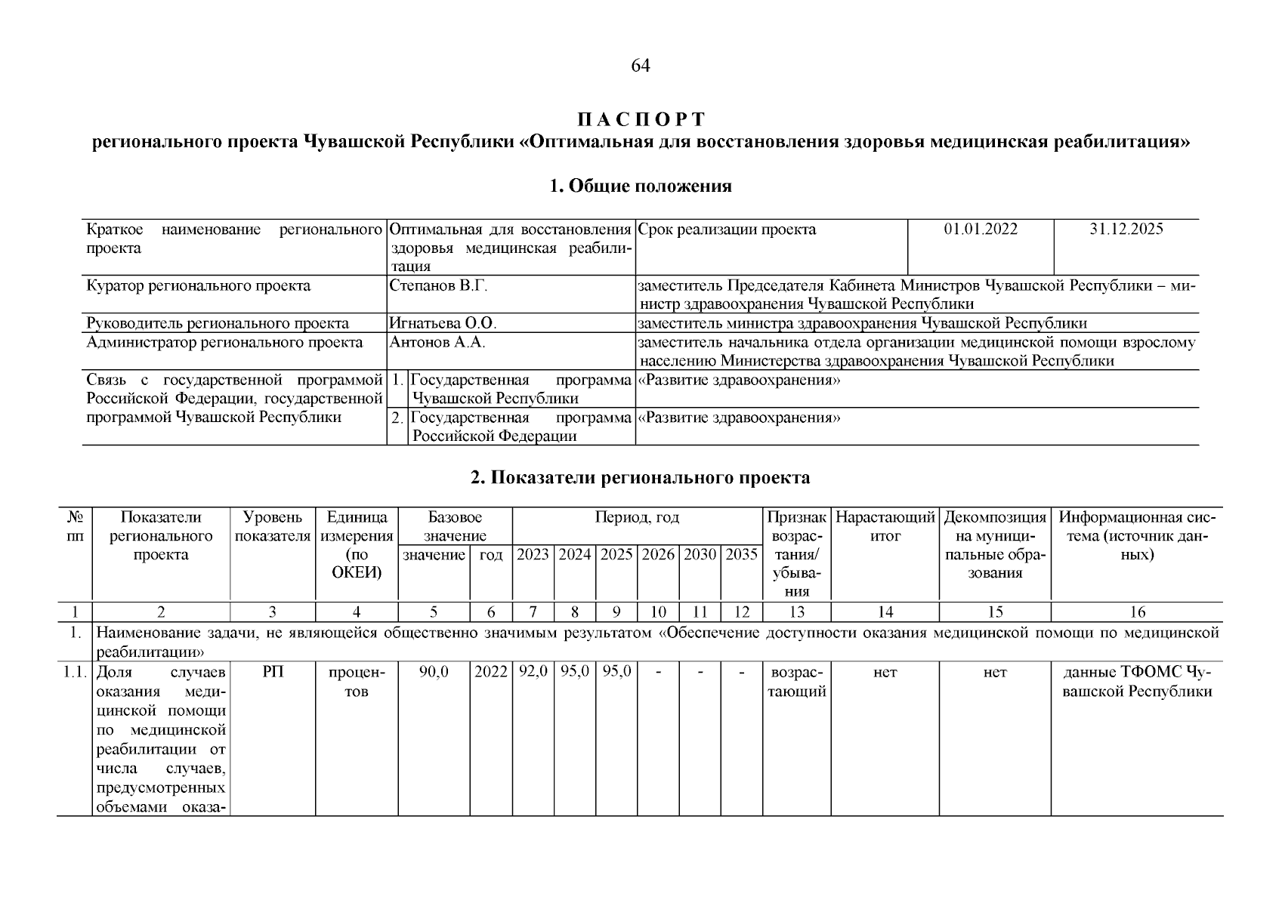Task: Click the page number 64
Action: point(640,66)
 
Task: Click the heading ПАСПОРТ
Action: point(641,120)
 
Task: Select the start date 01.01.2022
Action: point(980,230)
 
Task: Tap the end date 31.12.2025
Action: point(1126,230)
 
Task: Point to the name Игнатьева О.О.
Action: point(442,324)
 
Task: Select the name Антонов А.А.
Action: point(437,343)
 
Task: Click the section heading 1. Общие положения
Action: point(641,186)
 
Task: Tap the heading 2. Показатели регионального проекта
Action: point(640,478)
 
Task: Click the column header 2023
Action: point(533,555)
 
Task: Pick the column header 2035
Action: point(741,555)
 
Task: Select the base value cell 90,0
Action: point(434,672)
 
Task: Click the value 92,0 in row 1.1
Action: point(533,672)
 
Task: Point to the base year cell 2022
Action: point(491,672)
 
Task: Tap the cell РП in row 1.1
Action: point(273,672)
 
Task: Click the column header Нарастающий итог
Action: point(885,527)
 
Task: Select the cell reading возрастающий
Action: point(796,682)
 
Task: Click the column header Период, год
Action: point(637,518)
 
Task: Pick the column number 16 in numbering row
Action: point(1137,612)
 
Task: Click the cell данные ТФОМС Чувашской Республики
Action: point(1137,682)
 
